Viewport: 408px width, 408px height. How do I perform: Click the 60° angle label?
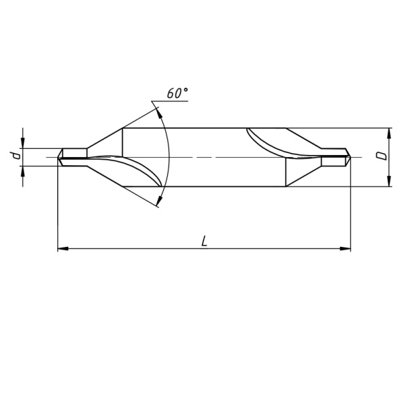[x=176, y=94]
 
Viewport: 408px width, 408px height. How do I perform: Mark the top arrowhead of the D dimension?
[x=389, y=132]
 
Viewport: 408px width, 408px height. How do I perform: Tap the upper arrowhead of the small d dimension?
[x=23, y=143]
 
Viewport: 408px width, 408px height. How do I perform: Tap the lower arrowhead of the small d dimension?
[x=23, y=170]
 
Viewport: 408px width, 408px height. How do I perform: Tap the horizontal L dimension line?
[x=136, y=250]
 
